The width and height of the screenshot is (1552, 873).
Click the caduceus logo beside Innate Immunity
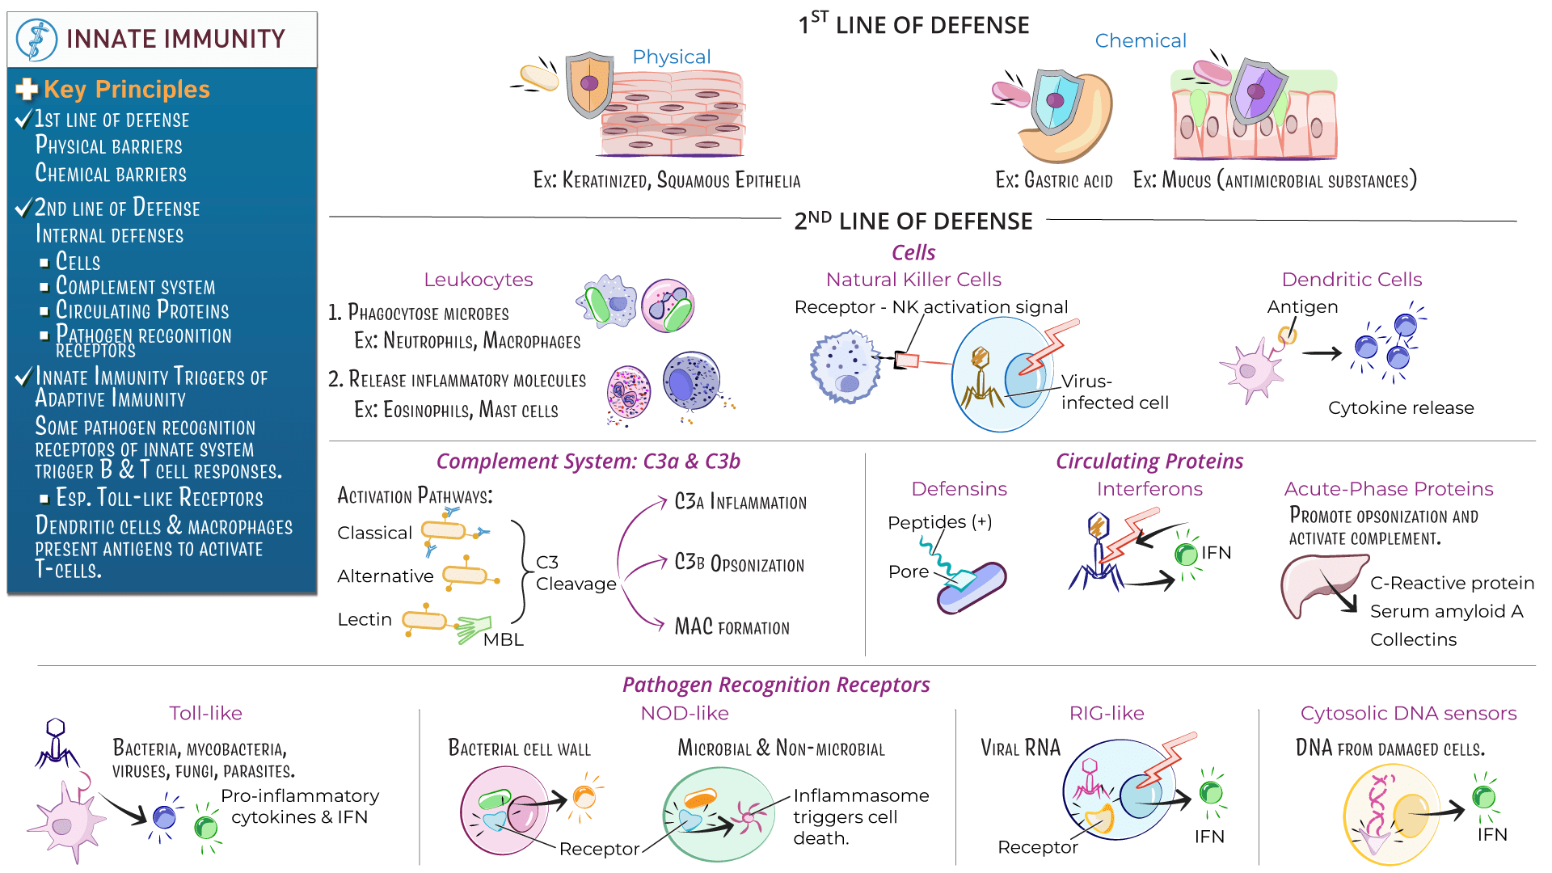(x=36, y=40)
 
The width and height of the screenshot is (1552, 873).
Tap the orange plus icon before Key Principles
(x=27, y=89)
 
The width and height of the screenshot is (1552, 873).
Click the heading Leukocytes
(x=478, y=280)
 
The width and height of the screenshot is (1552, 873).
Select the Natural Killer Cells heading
(x=913, y=280)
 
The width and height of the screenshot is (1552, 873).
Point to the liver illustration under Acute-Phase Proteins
(x=1318, y=584)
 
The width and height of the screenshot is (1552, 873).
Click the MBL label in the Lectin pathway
(x=503, y=639)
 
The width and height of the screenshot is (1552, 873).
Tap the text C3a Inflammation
(x=740, y=502)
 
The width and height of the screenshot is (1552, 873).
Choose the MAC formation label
(x=732, y=627)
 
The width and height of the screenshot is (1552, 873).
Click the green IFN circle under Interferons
(x=1186, y=555)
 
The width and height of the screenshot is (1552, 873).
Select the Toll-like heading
(x=205, y=713)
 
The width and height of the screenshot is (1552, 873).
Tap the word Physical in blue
(x=671, y=57)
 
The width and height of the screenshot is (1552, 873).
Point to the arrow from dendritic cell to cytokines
(x=1322, y=352)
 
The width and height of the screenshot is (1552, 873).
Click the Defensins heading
(x=959, y=489)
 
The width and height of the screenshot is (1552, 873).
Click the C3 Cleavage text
(x=576, y=573)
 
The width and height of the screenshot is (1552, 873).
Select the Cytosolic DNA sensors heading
(x=1408, y=713)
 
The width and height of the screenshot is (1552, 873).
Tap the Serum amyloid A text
(x=1446, y=611)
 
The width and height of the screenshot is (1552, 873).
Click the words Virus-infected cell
(x=1114, y=392)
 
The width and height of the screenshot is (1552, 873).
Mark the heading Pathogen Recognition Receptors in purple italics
(x=776, y=685)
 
